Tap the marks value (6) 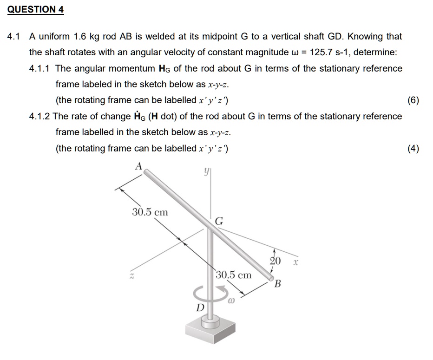click(413, 100)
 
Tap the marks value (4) click(413, 149)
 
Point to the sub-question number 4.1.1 click(40, 68)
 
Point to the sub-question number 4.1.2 click(40, 116)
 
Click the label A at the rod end click(138, 166)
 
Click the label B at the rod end click(278, 283)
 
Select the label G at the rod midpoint click(219, 222)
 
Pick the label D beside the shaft click(199, 308)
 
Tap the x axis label click(295, 263)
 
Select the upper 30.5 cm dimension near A click(150, 212)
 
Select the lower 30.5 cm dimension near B click(234, 275)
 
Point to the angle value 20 click(275, 261)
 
